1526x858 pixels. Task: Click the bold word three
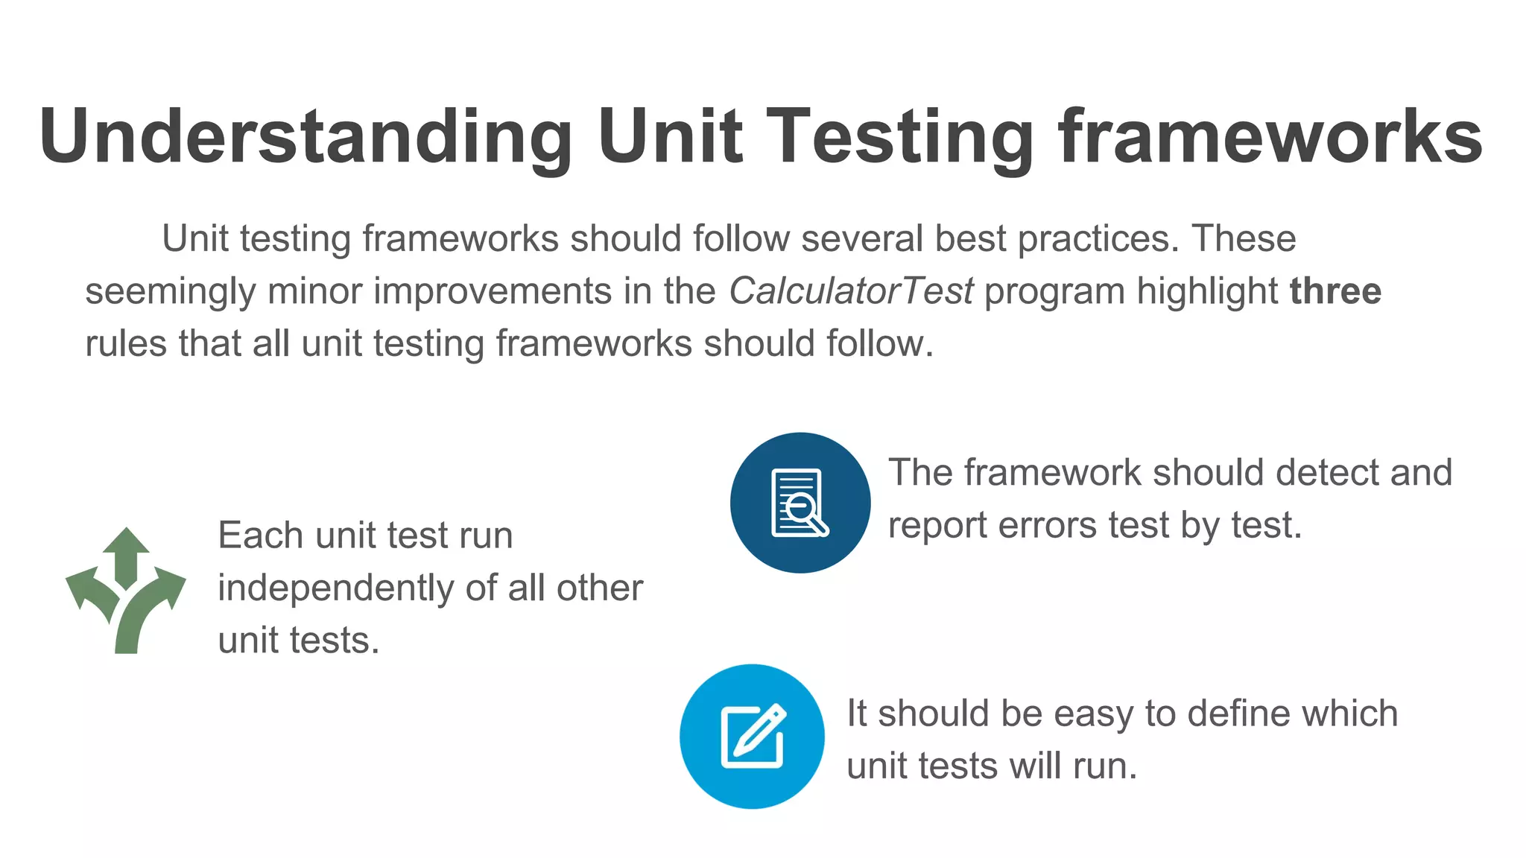(x=1335, y=291)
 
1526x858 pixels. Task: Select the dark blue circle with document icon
(x=800, y=503)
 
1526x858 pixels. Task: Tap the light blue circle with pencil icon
(x=752, y=736)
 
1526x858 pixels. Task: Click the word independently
(x=335, y=588)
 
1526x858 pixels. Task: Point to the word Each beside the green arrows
(x=260, y=536)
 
